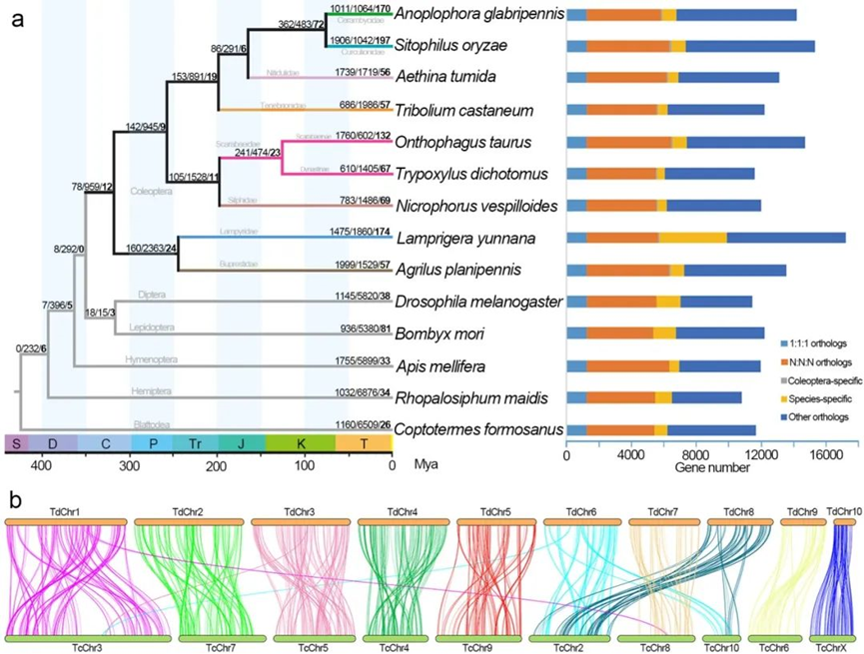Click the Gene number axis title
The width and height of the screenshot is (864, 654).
pos(703,466)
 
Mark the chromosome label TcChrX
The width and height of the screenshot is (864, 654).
pos(831,647)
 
